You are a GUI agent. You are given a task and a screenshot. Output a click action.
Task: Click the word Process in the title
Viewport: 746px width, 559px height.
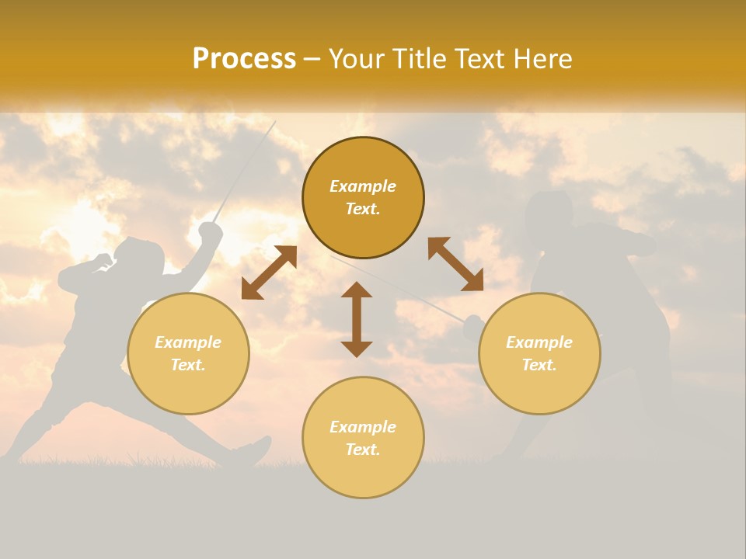244,59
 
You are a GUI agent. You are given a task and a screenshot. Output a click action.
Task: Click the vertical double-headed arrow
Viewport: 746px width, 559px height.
357,319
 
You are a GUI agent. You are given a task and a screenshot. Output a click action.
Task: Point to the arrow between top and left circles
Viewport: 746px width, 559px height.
269,273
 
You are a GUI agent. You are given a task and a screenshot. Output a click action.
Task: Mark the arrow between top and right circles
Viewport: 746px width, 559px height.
455,265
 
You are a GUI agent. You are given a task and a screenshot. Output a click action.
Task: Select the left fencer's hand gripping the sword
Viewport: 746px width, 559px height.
210,231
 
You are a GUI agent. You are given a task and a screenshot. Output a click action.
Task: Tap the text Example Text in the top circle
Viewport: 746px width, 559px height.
363,197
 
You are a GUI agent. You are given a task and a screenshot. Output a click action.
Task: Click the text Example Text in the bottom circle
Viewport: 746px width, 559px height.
363,438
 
